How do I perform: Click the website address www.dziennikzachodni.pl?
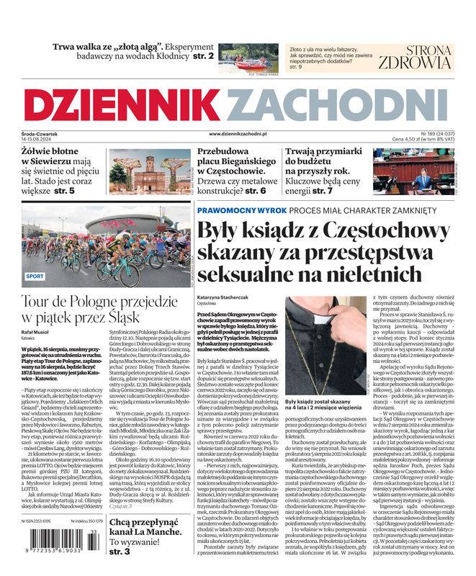click(x=238, y=134)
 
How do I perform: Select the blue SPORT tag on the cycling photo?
click(x=35, y=276)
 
